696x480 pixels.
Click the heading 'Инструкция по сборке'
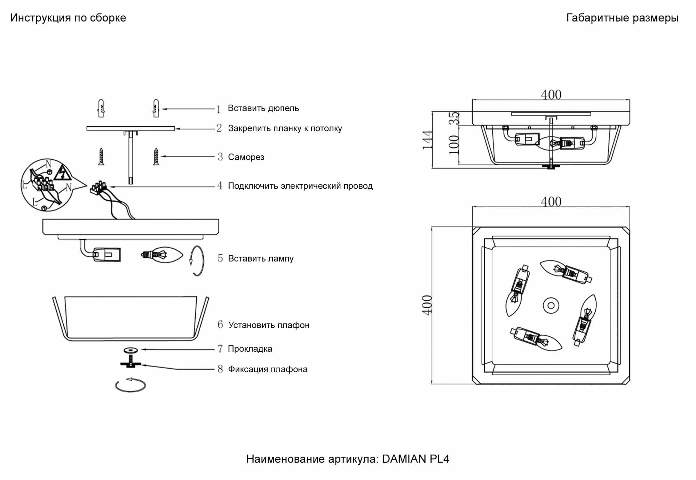click(x=68, y=18)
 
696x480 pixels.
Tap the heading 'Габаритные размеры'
click(x=622, y=18)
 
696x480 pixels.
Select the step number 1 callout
click(x=219, y=109)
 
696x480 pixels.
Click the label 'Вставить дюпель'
click(x=263, y=108)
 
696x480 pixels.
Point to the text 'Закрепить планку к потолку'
click(x=285, y=128)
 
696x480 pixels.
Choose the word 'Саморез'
click(x=246, y=157)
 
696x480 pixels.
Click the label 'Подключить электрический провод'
click(x=300, y=186)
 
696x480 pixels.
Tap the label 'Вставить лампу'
click(x=261, y=258)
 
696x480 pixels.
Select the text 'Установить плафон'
click(x=269, y=325)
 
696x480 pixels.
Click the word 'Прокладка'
click(x=250, y=349)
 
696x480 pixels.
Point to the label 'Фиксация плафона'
click(x=268, y=369)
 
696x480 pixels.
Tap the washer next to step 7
click(x=130, y=350)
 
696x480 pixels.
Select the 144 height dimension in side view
click(x=428, y=140)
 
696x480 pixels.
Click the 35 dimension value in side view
click(x=454, y=118)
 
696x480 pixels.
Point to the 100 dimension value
click(x=454, y=145)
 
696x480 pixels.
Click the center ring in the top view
click(x=551, y=306)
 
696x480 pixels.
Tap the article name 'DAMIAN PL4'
click(x=416, y=459)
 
